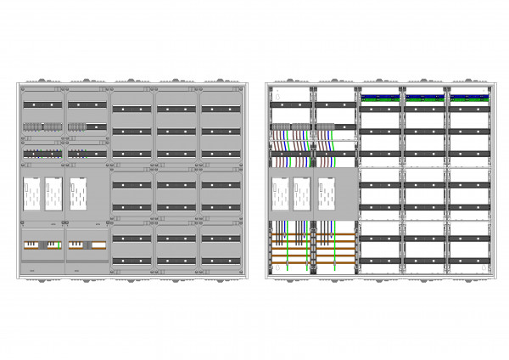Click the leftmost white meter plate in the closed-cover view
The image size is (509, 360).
31,194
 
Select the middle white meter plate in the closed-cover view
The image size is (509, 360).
53,194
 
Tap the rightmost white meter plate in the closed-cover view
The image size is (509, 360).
79,194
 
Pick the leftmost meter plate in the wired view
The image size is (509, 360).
279,194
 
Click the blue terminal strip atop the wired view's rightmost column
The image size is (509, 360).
469,96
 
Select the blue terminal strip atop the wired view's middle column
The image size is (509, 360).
425,96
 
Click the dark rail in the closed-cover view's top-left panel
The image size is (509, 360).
42,104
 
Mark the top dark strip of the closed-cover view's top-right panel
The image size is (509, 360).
221,110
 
